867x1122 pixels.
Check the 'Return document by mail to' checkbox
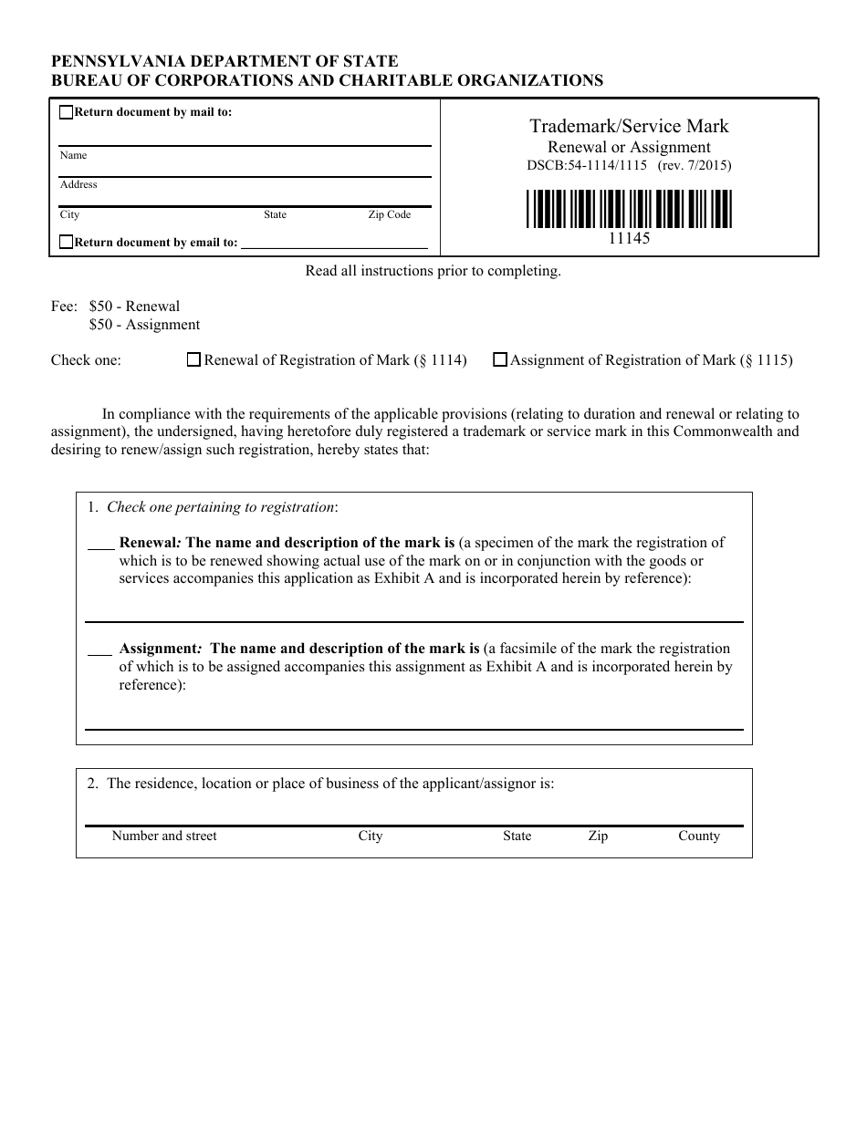pos(66,113)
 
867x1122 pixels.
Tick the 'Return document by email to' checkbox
pos(66,243)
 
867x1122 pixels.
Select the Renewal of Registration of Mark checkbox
pos(193,360)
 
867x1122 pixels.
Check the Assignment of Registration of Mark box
pos(500,360)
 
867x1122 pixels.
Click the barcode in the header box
pos(629,208)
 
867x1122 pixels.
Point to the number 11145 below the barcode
pos(629,238)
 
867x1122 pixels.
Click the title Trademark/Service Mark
pos(629,127)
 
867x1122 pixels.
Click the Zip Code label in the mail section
pos(390,215)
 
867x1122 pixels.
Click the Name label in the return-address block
pos(73,156)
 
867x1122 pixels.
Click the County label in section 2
pos(698,836)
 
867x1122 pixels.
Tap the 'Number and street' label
pos(164,836)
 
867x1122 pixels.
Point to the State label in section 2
pos(517,836)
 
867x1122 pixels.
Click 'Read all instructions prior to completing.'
pos(433,271)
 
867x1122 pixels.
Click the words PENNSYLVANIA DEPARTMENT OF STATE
pos(225,61)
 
